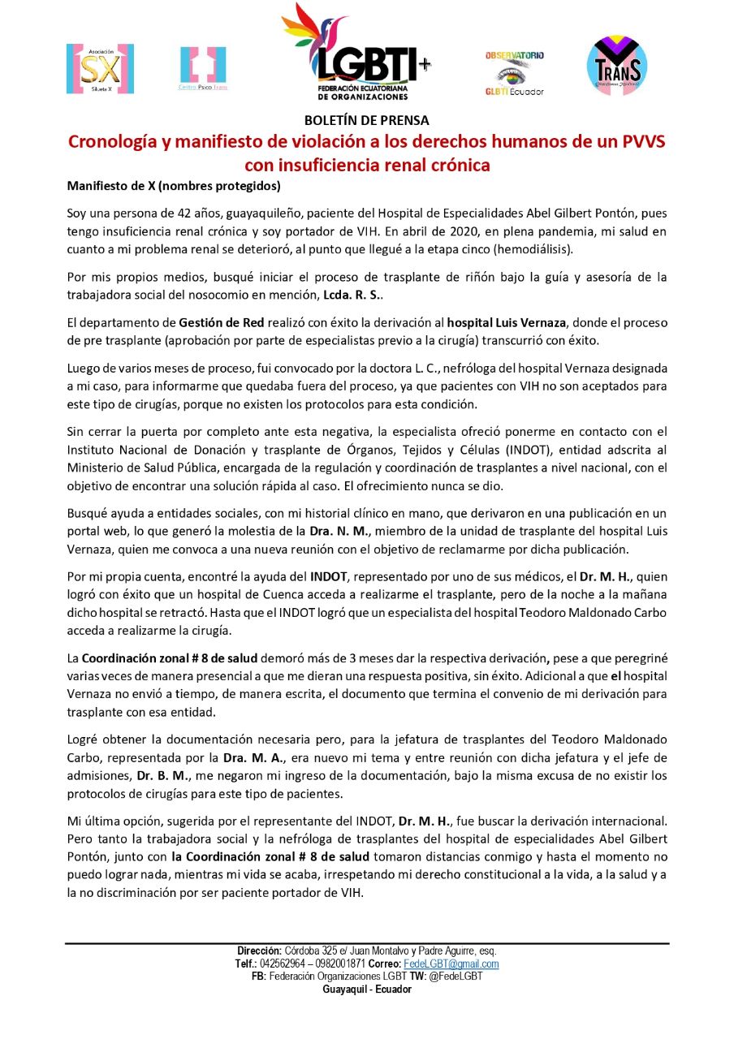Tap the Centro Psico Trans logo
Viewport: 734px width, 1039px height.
point(203,68)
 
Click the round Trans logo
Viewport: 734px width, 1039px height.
point(617,64)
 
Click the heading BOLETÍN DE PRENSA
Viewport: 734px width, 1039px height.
point(367,120)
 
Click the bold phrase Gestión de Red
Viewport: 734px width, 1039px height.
point(215,322)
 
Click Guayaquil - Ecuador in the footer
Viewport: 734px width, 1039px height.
point(367,989)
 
